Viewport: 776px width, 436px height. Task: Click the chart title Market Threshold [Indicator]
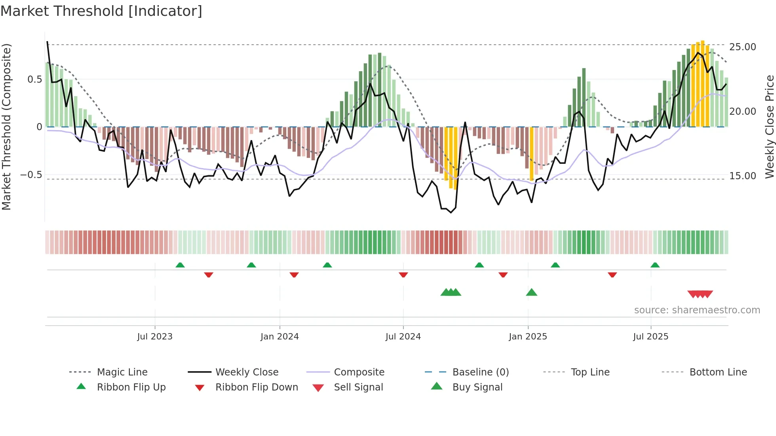pyautogui.click(x=101, y=11)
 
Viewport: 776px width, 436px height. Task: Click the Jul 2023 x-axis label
pyautogui.click(x=155, y=337)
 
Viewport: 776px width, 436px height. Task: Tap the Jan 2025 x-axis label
pyautogui.click(x=528, y=337)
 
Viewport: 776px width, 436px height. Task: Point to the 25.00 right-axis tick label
pyautogui.click(x=742, y=47)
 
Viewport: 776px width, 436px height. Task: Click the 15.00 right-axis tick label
pyautogui.click(x=742, y=176)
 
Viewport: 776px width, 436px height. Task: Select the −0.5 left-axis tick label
pyautogui.click(x=31, y=175)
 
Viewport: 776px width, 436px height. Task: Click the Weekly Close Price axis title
pyautogui.click(x=769, y=127)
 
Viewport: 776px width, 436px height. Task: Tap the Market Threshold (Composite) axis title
pyautogui.click(x=6, y=127)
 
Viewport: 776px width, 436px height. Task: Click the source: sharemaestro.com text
pyautogui.click(x=697, y=310)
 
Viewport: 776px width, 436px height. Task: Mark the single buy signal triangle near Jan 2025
pyautogui.click(x=531, y=292)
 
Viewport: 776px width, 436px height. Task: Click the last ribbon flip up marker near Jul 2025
pyautogui.click(x=655, y=265)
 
